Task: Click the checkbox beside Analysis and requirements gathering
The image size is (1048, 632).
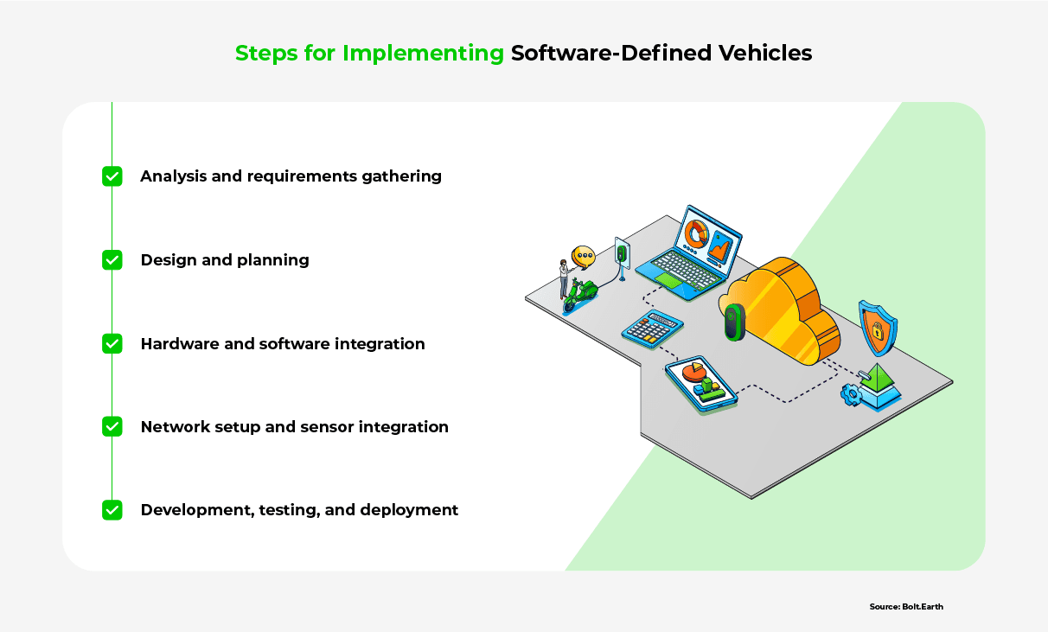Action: point(112,176)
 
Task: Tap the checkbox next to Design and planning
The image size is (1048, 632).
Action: point(112,259)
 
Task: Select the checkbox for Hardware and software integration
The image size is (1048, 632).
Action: point(112,343)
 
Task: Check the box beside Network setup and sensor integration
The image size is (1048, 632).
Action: point(112,426)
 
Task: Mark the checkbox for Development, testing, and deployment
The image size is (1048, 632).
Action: point(112,510)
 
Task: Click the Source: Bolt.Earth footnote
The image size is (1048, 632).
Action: point(906,607)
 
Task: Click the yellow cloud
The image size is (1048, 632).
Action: point(783,311)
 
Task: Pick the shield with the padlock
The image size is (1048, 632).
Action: point(877,328)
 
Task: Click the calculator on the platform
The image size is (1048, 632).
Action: point(652,329)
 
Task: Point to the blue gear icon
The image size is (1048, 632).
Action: point(852,395)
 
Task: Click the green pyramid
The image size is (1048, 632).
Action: point(880,380)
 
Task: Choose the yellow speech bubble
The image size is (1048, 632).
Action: point(585,256)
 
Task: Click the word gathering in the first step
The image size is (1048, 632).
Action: point(403,176)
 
